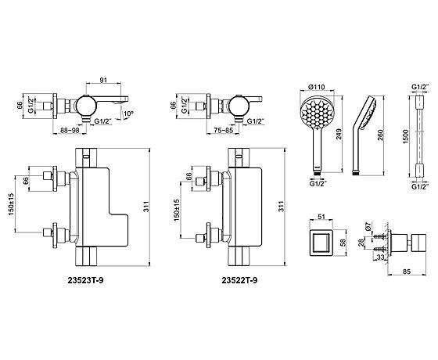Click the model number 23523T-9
coord(85,280)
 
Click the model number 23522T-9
coord(239,280)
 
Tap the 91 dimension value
coord(103,80)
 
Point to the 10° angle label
coord(129,113)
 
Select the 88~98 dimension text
coord(70,130)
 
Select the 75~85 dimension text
coord(223,130)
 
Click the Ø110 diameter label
coord(317,87)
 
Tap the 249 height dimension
coord(339,135)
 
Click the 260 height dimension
coord(381,135)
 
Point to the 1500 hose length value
coord(406,136)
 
